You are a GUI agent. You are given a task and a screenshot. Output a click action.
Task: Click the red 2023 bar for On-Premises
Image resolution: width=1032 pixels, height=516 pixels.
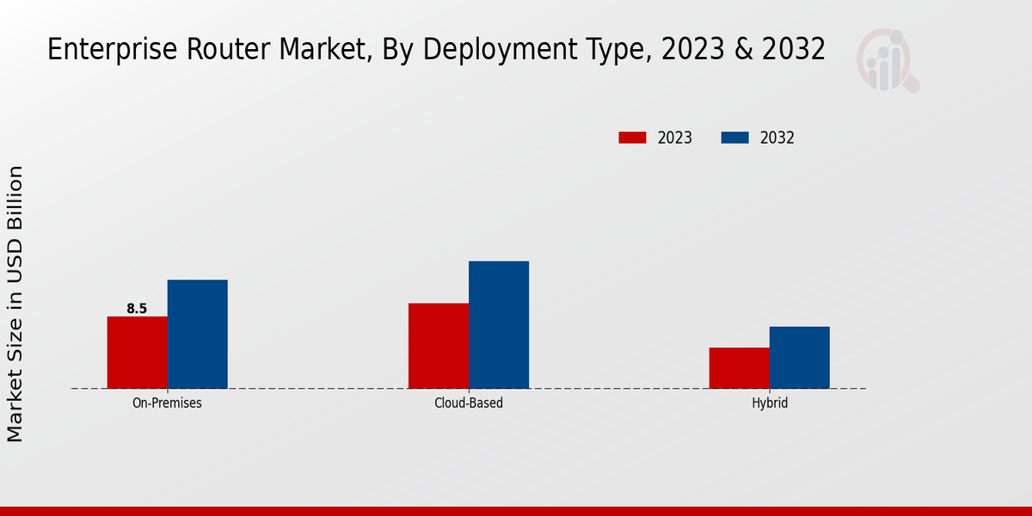pos(138,353)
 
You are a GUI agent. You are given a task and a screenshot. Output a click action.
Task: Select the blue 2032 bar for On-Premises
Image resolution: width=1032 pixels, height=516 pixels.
pos(198,334)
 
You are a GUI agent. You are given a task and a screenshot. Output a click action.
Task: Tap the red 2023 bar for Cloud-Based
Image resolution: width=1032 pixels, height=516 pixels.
pos(439,346)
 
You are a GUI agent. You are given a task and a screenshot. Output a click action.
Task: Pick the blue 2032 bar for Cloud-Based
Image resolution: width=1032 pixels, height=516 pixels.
pos(499,324)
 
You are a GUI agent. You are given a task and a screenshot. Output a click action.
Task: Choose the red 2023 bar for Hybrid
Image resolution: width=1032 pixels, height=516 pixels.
pos(740,368)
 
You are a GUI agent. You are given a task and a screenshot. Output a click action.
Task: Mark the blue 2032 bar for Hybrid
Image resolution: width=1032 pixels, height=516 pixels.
pos(800,357)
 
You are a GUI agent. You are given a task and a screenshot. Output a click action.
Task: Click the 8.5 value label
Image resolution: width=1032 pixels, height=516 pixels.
pos(137,309)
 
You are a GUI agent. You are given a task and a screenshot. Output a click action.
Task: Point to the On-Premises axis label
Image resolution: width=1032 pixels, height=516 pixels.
pos(167,402)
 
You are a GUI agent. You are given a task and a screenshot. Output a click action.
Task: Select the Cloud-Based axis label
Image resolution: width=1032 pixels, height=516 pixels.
pos(469,402)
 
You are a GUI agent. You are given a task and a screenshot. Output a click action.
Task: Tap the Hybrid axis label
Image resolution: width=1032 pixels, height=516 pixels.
pos(770,402)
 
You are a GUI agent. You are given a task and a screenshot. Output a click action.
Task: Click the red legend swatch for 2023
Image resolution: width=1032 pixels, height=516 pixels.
pos(632,138)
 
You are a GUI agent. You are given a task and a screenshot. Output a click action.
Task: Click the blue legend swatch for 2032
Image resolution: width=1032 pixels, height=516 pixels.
pos(734,138)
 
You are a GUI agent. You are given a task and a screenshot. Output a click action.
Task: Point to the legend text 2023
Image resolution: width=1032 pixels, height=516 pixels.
pos(675,138)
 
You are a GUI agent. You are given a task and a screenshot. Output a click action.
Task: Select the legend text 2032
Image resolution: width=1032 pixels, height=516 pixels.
pos(777,138)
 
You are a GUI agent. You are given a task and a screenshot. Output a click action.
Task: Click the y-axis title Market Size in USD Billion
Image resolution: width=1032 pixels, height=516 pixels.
pos(15,304)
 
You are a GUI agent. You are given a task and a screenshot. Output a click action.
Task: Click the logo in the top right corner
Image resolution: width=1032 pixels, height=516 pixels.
pos(887,60)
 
